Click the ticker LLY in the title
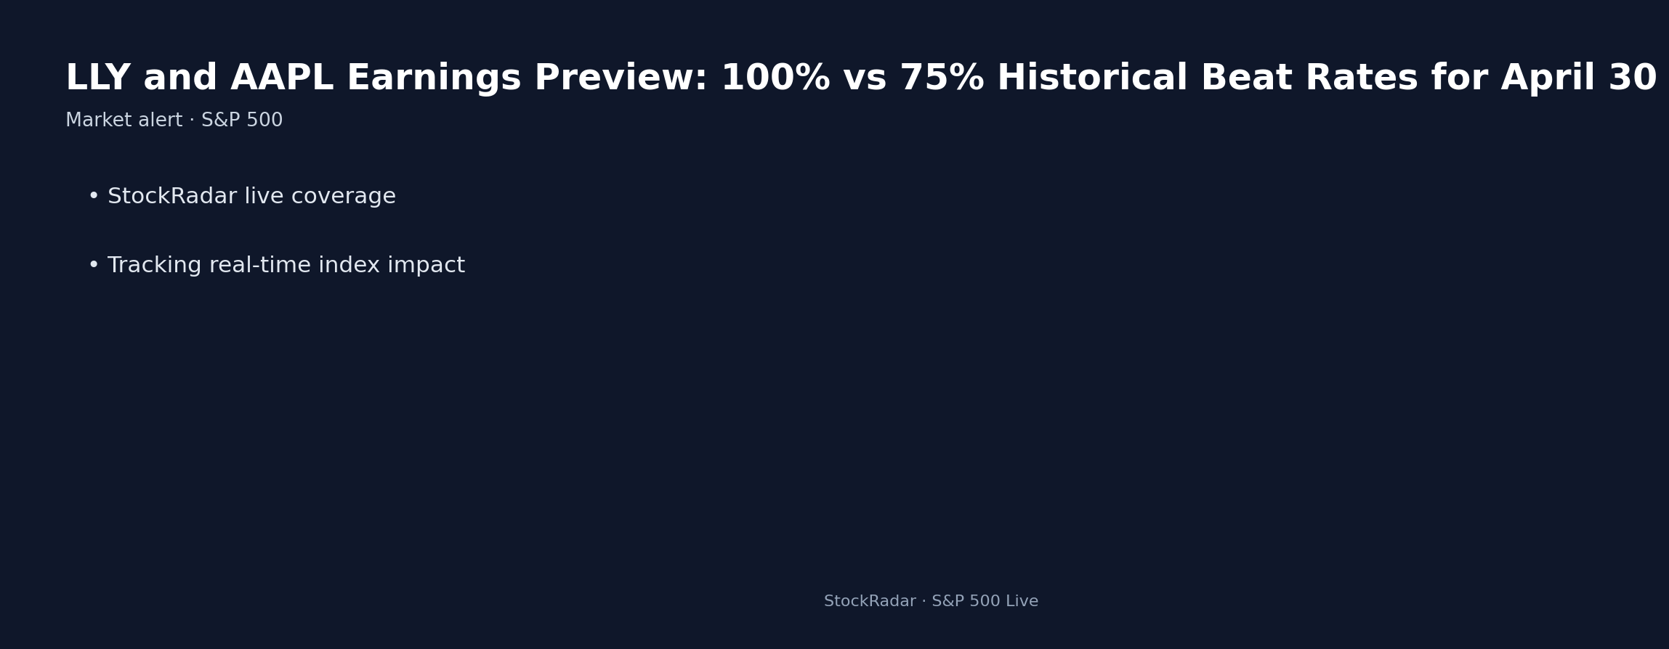(97, 78)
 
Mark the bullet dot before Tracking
(93, 266)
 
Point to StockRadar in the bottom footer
(869, 602)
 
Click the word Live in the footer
(1021, 602)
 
